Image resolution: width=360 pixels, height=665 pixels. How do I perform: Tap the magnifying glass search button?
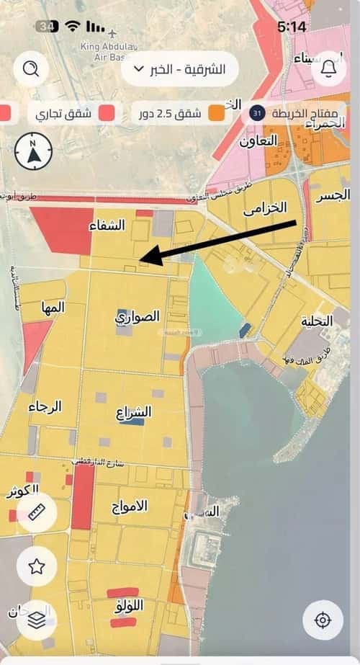tap(31, 69)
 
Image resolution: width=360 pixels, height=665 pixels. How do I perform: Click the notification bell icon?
tap(329, 69)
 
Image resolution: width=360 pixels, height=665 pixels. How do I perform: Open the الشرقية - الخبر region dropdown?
tap(180, 69)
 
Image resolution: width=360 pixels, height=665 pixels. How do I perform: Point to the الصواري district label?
tap(138, 318)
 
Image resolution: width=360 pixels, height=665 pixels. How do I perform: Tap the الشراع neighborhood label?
tap(134, 414)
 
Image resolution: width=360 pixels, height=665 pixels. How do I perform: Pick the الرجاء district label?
tap(45, 407)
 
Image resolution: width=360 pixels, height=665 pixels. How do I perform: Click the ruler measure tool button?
tap(37, 514)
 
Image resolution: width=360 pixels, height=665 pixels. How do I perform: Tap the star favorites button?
tap(37, 566)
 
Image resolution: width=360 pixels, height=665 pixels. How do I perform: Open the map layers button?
tap(37, 618)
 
